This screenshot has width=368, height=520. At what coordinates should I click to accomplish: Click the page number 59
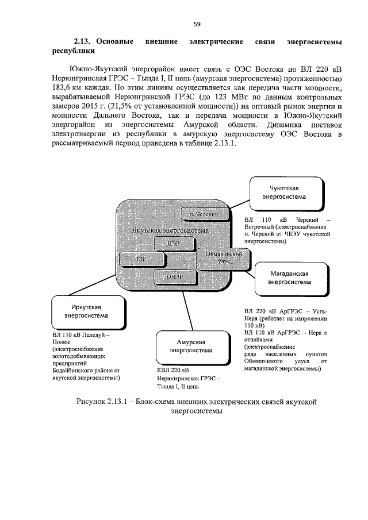tap(197, 24)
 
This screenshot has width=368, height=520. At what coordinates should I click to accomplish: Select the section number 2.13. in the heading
tap(85, 42)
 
